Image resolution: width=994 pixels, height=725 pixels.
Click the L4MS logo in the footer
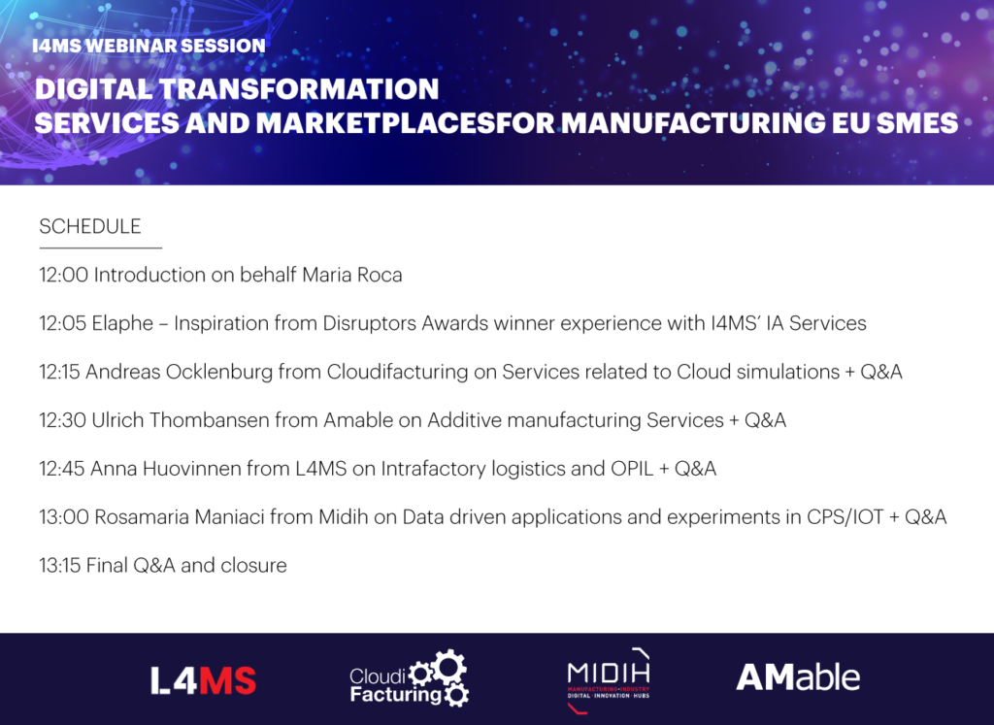(x=204, y=680)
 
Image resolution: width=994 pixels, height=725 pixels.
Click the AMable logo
(x=798, y=677)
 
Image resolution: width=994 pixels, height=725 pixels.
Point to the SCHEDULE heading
(x=90, y=226)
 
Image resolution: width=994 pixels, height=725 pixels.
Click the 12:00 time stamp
(x=63, y=275)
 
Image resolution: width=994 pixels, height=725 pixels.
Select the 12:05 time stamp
(x=63, y=323)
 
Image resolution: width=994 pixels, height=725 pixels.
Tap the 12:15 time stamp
(x=59, y=372)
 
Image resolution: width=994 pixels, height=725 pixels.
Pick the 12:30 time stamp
(x=63, y=420)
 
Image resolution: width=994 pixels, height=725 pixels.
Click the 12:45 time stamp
(x=62, y=469)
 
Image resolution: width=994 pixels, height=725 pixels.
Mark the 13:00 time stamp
(x=64, y=517)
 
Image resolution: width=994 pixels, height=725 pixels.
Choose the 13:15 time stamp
(x=59, y=565)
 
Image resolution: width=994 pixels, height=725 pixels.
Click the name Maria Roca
(x=352, y=275)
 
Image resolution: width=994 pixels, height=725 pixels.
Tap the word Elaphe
(x=123, y=324)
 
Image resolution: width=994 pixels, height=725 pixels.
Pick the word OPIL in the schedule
(x=632, y=469)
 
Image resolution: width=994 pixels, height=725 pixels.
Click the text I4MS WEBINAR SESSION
(x=149, y=46)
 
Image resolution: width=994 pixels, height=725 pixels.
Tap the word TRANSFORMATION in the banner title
(x=299, y=88)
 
